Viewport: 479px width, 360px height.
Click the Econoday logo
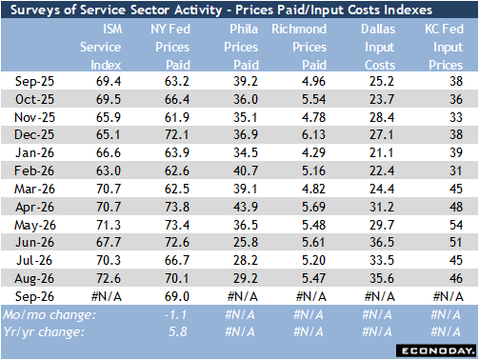(x=437, y=350)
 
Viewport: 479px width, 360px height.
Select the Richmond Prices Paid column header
(x=299, y=47)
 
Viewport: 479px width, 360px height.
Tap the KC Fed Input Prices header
(x=444, y=47)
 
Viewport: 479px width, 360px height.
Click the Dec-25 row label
(x=34, y=134)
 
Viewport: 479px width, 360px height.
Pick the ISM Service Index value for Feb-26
(x=109, y=170)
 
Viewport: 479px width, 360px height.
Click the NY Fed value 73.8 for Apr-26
(x=177, y=207)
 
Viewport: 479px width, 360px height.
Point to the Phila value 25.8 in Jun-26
(x=246, y=242)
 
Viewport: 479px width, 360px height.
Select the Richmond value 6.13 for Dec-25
(x=313, y=134)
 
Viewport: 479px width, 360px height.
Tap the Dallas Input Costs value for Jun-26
(x=382, y=242)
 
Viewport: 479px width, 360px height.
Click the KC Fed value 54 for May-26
(x=456, y=225)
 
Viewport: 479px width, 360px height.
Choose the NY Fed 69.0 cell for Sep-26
(x=177, y=296)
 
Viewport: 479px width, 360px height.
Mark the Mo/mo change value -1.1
(x=175, y=315)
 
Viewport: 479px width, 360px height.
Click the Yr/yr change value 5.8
(x=178, y=332)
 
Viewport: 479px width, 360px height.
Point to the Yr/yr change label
(x=44, y=332)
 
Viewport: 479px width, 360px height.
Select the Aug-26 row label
(x=34, y=279)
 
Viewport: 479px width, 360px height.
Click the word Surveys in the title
(x=35, y=10)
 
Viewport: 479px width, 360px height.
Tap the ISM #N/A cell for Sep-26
(x=107, y=297)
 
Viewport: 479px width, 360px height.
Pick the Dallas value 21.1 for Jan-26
(x=382, y=152)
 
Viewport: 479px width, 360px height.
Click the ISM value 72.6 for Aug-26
(x=109, y=278)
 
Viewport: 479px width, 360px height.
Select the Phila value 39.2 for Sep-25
(x=246, y=81)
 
